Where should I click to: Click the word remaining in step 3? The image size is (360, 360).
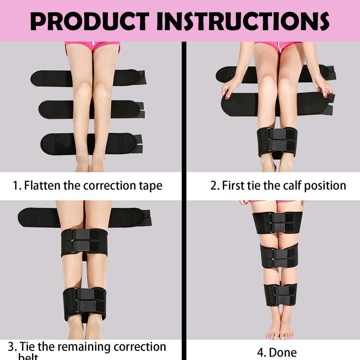pyautogui.click(x=83, y=347)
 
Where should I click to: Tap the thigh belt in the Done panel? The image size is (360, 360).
pyautogui.click(x=277, y=222)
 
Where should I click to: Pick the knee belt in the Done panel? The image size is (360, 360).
pyautogui.click(x=279, y=255)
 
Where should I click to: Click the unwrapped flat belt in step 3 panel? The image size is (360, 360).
pyautogui.click(x=36, y=218)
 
